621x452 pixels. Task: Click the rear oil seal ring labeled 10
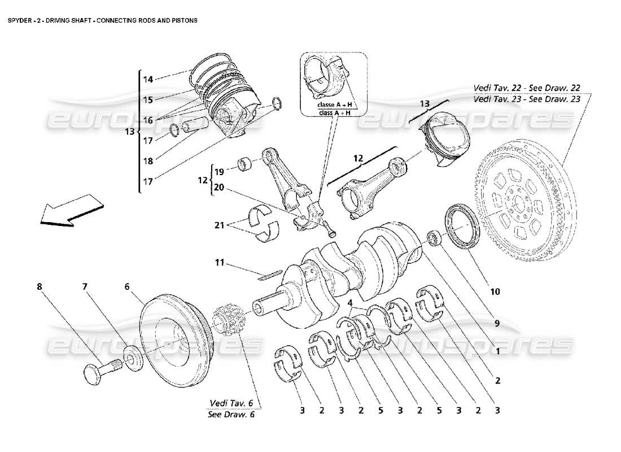point(463,227)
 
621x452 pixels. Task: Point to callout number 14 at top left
point(147,80)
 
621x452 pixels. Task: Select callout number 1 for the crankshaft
point(498,351)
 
